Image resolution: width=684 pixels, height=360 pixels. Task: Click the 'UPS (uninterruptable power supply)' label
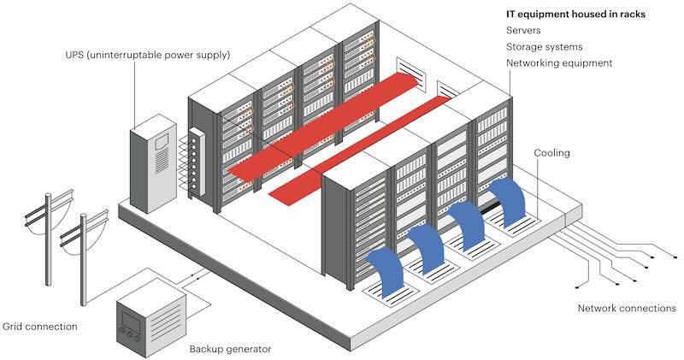(146, 55)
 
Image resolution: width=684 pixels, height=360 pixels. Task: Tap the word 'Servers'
(524, 31)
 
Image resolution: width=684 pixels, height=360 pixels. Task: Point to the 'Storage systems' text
(543, 47)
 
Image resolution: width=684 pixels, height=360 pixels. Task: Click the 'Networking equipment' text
(559, 63)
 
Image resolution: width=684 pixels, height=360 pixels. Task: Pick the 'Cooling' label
(551, 153)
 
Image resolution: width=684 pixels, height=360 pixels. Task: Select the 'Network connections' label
(627, 308)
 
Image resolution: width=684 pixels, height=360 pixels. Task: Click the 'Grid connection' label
(40, 327)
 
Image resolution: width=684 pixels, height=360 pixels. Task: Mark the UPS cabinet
(150, 168)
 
